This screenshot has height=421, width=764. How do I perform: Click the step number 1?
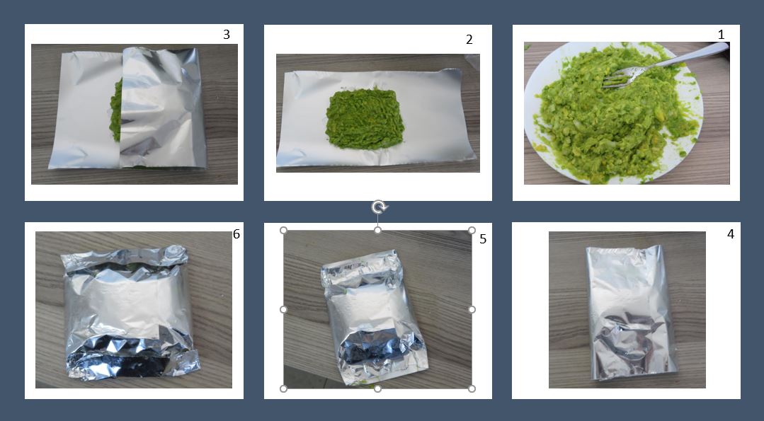point(721,35)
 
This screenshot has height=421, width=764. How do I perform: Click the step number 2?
point(469,40)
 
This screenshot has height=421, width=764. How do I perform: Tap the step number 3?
point(226,35)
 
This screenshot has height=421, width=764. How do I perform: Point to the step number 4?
point(731,234)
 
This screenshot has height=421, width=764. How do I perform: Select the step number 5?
point(483,239)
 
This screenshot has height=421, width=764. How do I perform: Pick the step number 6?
point(236,234)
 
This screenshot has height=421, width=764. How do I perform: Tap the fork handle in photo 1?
point(682,56)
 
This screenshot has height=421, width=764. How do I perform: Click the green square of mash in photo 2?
point(365,118)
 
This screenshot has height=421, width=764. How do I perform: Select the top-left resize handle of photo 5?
point(283,230)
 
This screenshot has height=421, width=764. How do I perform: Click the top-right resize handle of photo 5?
point(472,230)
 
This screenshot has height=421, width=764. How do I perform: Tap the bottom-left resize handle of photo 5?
point(283,388)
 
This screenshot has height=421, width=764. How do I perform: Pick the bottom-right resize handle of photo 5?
point(472,388)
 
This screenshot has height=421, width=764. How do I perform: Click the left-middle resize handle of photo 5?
point(283,309)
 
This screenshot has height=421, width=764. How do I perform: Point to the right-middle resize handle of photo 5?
point(472,309)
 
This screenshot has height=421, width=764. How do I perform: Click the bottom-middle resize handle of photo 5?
point(377,388)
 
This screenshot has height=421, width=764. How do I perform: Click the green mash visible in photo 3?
point(115,112)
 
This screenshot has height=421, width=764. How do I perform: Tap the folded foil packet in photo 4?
point(632,312)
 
